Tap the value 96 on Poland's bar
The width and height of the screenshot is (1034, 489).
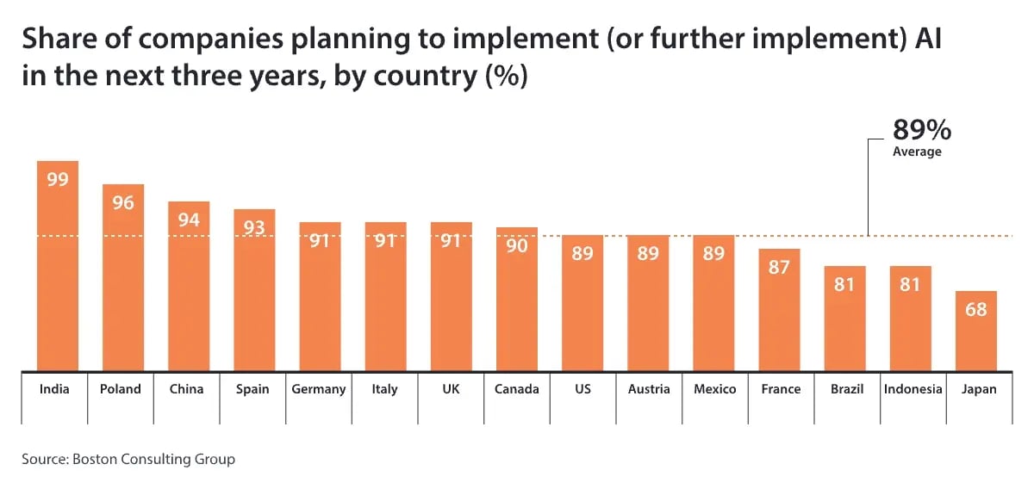coord(123,204)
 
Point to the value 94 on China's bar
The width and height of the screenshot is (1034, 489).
coord(189,220)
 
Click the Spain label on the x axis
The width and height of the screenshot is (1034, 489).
coord(252,389)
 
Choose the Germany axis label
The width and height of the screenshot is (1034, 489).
coord(319,389)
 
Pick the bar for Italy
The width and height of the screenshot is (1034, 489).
coord(385,301)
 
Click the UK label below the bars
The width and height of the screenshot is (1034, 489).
coord(451,389)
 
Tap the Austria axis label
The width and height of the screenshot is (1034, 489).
coord(648,389)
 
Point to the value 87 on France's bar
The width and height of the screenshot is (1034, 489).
coord(779,267)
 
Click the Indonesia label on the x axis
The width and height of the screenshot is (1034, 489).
coord(913,389)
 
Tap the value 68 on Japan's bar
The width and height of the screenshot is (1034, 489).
coord(975,309)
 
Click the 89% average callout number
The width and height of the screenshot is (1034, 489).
coord(921,130)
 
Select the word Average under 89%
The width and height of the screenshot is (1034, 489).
coord(917,152)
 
